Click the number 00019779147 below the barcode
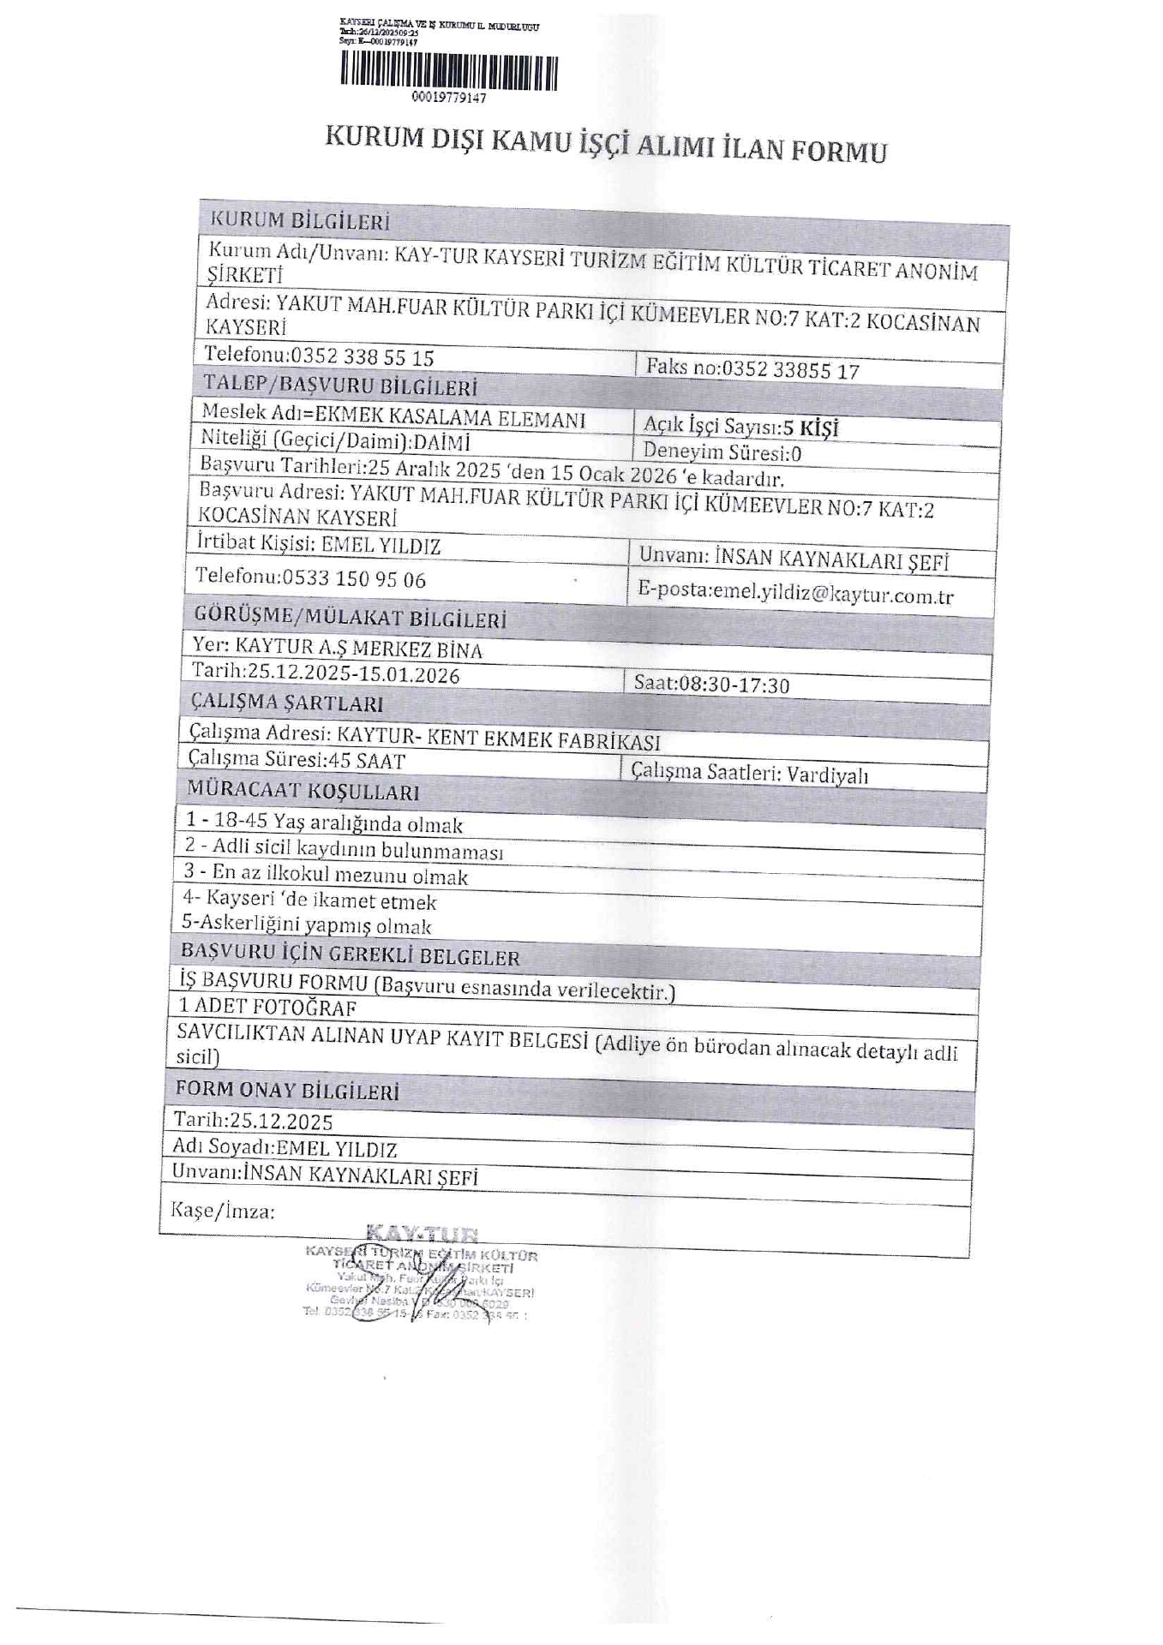(449, 98)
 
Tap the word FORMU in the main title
(837, 151)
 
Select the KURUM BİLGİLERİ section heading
(300, 220)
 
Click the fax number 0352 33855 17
(790, 369)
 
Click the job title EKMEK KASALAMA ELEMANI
(450, 417)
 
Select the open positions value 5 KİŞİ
(810, 428)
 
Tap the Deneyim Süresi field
(722, 451)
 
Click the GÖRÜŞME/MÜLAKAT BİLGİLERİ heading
(350, 616)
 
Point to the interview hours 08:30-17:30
(734, 684)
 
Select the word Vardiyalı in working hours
(827, 775)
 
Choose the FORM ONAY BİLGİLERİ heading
(287, 1090)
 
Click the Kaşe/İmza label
(223, 1210)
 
